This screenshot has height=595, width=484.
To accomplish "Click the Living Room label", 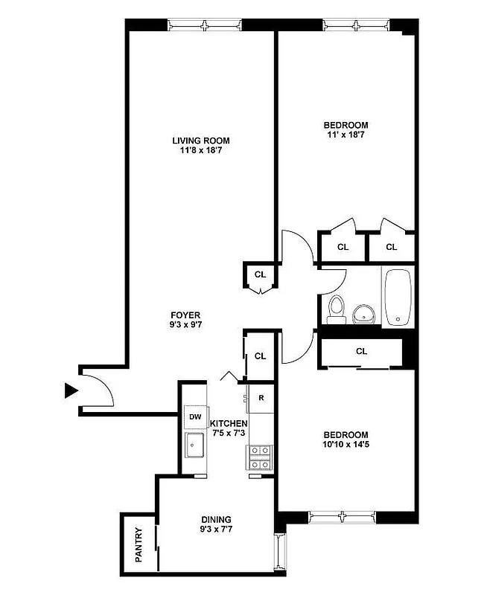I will pos(200,141).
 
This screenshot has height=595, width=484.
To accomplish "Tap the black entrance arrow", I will pos(71,390).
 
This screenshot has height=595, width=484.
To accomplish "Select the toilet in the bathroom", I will pos(335,309).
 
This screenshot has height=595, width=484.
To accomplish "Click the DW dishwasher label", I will pos(196,417).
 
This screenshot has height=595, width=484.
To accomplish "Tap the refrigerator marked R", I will pos(261,398).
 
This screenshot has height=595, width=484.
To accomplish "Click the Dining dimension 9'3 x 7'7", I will pos(216,530).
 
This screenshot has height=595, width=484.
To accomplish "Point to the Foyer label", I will pos(185,315).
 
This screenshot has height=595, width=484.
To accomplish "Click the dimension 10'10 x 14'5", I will pos(346,446).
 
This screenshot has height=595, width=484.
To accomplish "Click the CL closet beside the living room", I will pos(260,274).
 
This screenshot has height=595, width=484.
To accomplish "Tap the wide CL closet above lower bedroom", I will pos(361,351).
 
